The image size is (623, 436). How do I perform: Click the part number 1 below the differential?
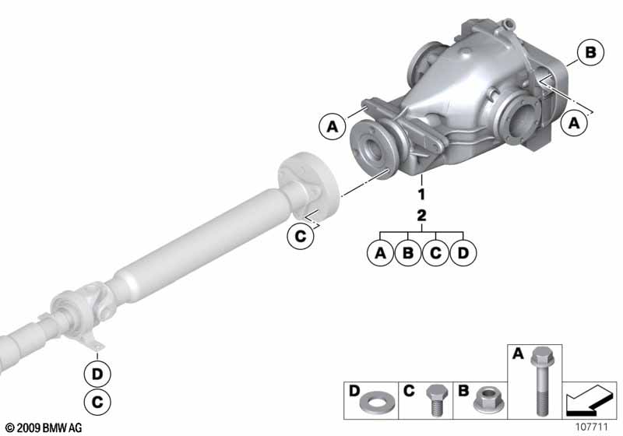pyautogui.click(x=421, y=194)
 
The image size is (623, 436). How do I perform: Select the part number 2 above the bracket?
pyautogui.click(x=421, y=215)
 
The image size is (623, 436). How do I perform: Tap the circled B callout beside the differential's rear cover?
pyautogui.click(x=590, y=52)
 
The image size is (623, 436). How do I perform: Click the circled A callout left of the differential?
pyautogui.click(x=333, y=127)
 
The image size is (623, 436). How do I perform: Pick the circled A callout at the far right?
pyautogui.click(x=574, y=123)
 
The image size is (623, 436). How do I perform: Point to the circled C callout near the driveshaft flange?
pyautogui.click(x=301, y=237)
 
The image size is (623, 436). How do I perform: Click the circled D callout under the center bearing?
pyautogui.click(x=97, y=374)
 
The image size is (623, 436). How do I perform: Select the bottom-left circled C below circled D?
pyautogui.click(x=97, y=403)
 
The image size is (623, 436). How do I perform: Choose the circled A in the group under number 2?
pyautogui.click(x=380, y=253)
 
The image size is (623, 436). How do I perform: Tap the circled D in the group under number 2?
pyautogui.click(x=463, y=253)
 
